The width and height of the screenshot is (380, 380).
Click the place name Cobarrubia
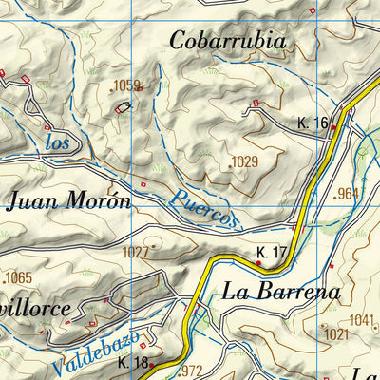coord(227,41)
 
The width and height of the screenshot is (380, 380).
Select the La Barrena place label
coord(280,293)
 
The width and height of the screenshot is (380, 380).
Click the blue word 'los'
coord(58,143)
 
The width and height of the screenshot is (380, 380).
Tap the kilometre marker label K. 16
coord(313,123)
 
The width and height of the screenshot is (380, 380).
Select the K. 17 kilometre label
coord(272,252)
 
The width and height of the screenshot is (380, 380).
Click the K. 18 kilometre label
coord(132,363)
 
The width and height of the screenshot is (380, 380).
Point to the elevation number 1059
coord(126,86)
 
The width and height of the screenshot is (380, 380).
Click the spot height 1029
coord(244,162)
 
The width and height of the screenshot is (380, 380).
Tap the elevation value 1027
coord(136,252)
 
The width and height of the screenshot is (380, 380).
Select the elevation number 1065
coord(18,278)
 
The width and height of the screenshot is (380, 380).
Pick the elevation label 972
coord(191,370)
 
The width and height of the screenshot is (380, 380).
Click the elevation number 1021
coord(335,334)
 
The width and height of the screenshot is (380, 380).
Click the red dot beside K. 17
coord(258,262)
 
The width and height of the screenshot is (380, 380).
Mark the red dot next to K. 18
coord(151,364)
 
